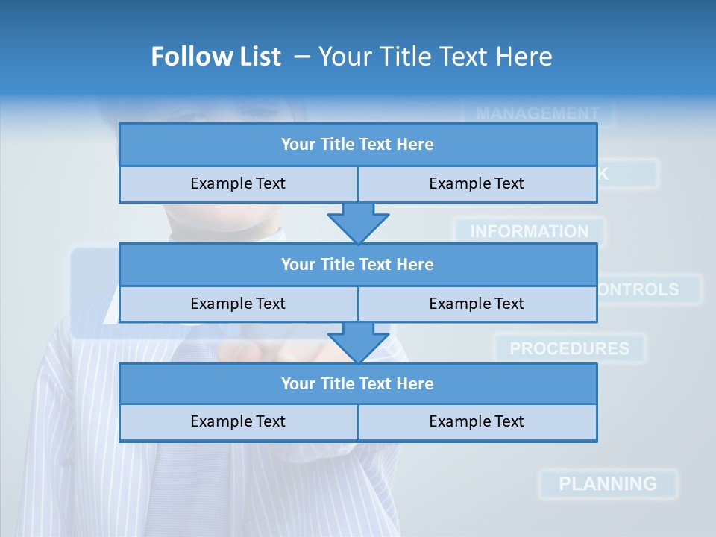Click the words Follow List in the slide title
[216, 57]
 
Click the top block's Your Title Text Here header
[357, 144]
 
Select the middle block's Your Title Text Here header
[357, 264]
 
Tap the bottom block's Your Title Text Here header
[357, 383]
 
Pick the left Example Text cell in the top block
[238, 183]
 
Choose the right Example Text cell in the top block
[477, 183]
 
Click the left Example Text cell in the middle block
[238, 304]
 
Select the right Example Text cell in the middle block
[477, 304]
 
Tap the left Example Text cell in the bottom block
[238, 421]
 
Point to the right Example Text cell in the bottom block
[477, 421]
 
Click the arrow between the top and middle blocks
[358, 222]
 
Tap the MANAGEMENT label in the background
[537, 114]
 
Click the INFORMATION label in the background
[529, 232]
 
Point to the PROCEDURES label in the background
[569, 348]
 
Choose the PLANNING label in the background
[608, 483]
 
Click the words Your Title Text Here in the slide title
[435, 57]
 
